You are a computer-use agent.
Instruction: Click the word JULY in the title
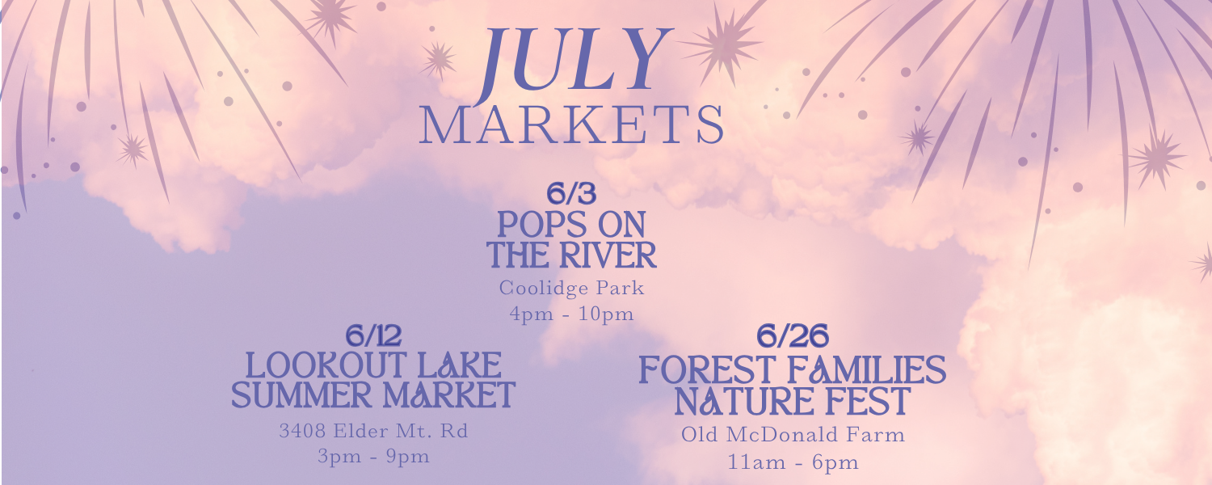[x=574, y=61]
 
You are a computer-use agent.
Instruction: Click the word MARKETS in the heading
[x=572, y=125]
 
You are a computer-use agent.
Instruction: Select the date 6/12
[x=373, y=335]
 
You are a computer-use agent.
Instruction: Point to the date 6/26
[x=792, y=336]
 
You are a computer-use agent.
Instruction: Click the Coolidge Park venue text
[x=571, y=288]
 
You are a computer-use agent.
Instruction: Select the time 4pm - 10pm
[x=571, y=314]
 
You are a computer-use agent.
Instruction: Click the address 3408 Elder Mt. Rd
[x=373, y=431]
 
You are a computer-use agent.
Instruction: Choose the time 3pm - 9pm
[x=373, y=457]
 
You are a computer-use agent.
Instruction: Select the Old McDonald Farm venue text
[x=793, y=435]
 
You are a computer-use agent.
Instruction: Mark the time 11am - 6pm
[x=793, y=463]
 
